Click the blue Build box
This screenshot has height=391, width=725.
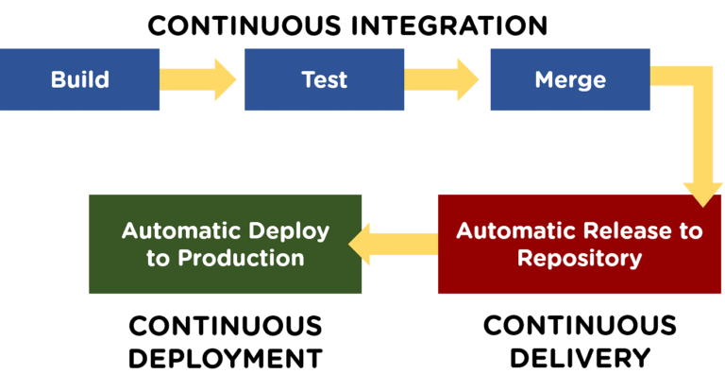point(80,79)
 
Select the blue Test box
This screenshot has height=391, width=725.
point(324,79)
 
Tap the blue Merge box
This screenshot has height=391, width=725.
point(570,79)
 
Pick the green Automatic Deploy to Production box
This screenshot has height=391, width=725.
point(225,244)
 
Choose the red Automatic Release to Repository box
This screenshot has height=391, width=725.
point(580,244)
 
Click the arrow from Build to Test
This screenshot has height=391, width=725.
point(198,79)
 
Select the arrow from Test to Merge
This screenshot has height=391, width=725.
point(443,79)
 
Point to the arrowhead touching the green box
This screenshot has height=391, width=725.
point(363,245)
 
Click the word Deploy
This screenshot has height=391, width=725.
point(289,230)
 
